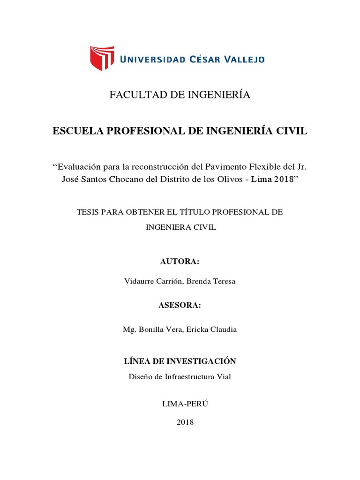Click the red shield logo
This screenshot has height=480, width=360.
tap(102, 59)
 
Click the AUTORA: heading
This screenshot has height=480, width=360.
tap(180, 262)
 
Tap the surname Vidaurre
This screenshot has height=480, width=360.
tap(140, 282)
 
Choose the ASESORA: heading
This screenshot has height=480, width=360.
tap(180, 306)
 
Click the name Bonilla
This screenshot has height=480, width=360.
tap(150, 330)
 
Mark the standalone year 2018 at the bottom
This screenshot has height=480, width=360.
tap(185, 422)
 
